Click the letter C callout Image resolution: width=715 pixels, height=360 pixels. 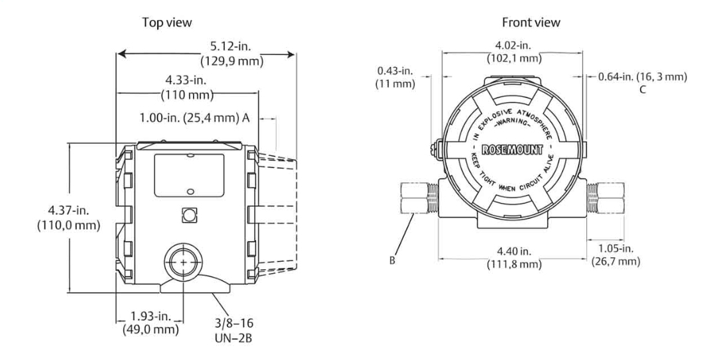pos(643,90)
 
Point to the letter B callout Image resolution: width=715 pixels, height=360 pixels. pos(393,261)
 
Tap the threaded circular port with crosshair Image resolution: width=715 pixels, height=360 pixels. pos(182,263)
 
